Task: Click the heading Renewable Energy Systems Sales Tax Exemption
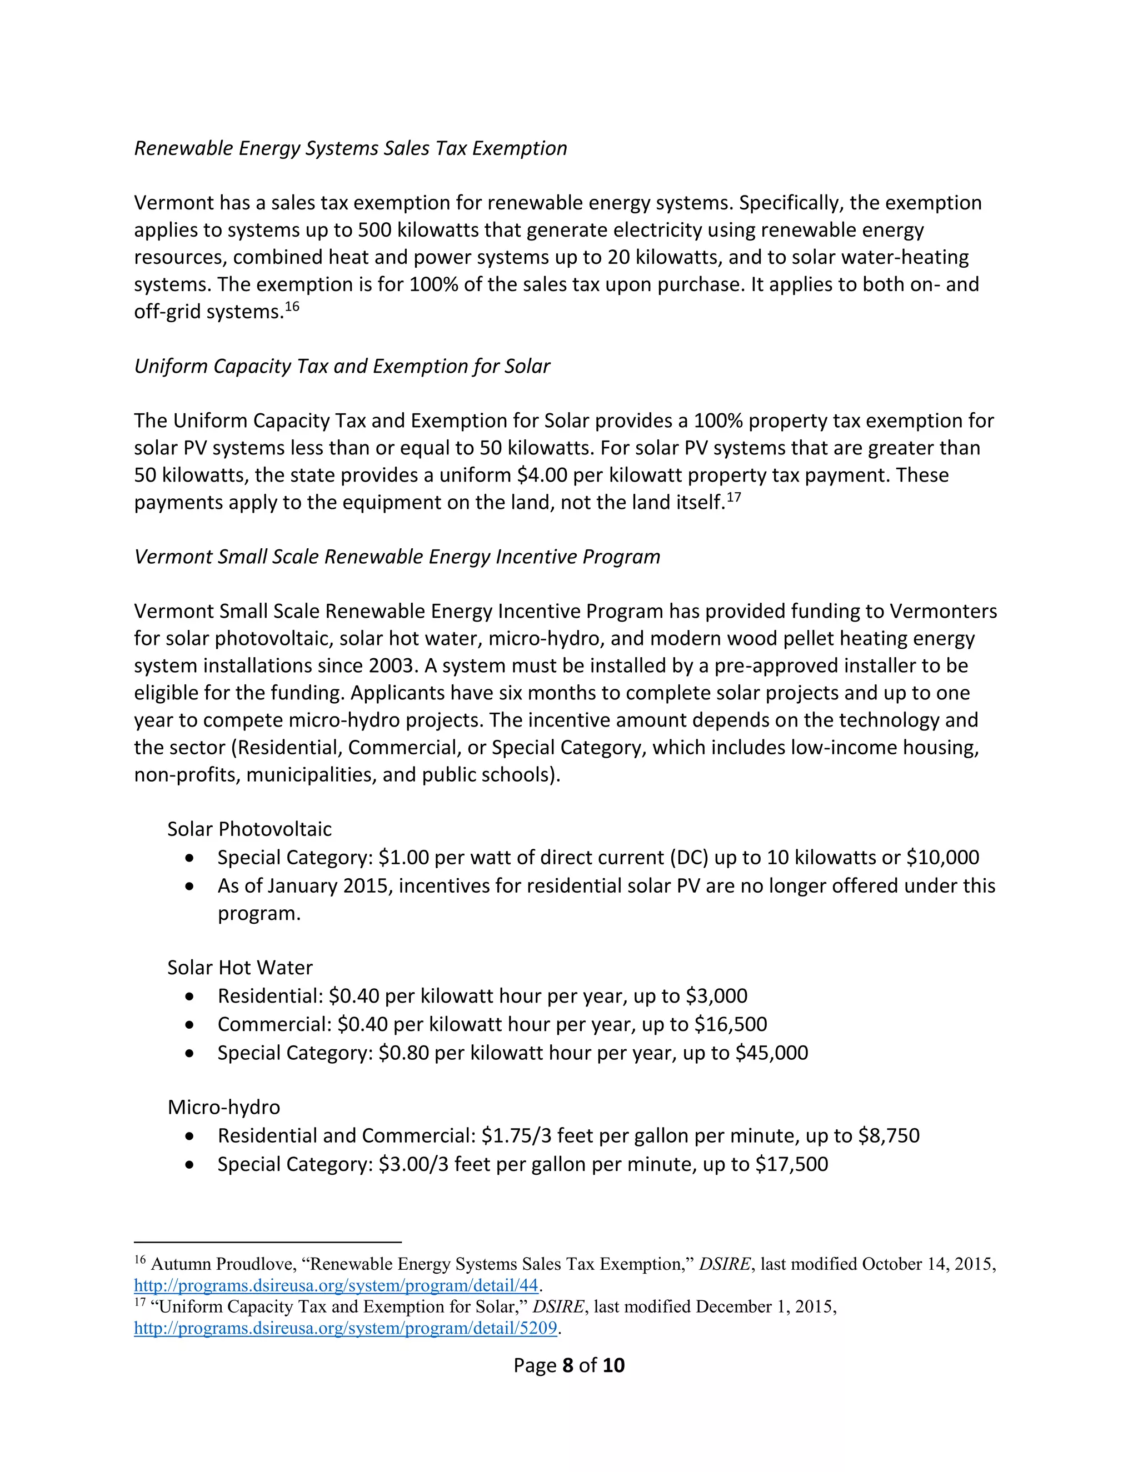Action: tap(350, 148)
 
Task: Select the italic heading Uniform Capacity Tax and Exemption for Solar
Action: tap(342, 366)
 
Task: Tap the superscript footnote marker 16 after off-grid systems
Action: tap(291, 307)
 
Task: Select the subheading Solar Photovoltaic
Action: tap(249, 829)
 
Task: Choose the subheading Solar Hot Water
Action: tap(240, 968)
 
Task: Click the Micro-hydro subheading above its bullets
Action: tap(224, 1108)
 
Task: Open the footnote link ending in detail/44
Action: tap(336, 1285)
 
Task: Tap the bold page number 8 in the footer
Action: tap(568, 1365)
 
